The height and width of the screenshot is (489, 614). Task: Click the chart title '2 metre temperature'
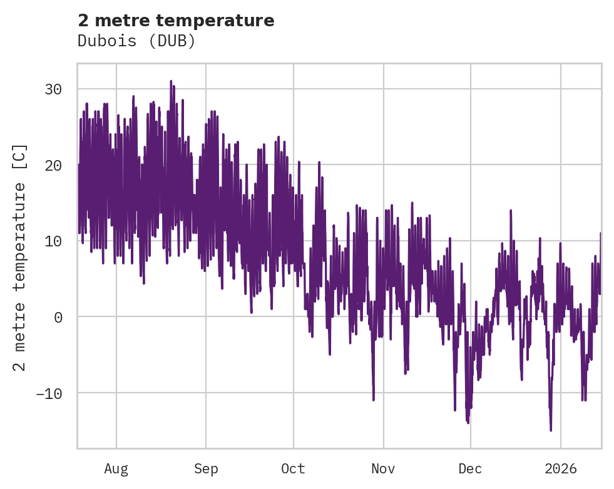click(176, 21)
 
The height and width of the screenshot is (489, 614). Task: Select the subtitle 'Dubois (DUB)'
click(136, 41)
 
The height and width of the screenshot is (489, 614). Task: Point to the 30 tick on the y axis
click(53, 89)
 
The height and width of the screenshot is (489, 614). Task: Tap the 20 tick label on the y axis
click(53, 165)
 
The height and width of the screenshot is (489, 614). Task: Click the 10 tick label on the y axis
click(53, 241)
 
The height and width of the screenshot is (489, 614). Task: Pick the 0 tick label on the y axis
click(58, 317)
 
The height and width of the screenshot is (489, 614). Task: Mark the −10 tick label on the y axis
click(49, 393)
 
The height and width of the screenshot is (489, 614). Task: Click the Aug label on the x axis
click(116, 468)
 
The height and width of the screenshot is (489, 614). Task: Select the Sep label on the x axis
click(206, 468)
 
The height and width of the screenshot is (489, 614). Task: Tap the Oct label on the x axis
click(293, 468)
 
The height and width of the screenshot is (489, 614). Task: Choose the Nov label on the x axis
click(383, 468)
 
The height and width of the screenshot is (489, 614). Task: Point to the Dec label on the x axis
click(470, 468)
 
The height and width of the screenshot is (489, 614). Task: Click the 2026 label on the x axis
click(560, 468)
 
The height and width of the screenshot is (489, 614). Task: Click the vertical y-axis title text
click(20, 257)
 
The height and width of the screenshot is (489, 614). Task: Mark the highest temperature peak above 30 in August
click(170, 81)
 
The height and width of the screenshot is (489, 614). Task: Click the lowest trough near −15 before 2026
click(551, 430)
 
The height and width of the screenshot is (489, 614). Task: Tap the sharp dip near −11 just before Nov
click(374, 400)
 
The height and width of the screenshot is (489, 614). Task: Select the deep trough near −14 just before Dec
click(468, 423)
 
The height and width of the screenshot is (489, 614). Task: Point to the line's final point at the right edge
click(601, 233)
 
